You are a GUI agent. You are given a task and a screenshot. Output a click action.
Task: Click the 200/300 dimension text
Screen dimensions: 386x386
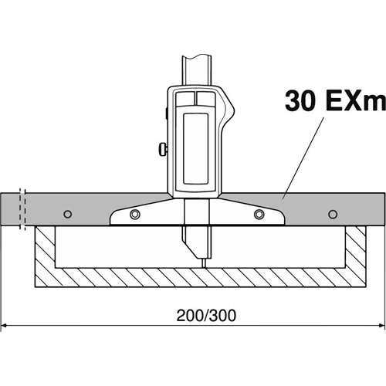pos(206,316)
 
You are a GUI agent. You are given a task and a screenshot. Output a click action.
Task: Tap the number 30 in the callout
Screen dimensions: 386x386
pos(300,100)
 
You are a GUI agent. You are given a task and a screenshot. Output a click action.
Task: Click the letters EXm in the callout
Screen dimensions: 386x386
pos(356,100)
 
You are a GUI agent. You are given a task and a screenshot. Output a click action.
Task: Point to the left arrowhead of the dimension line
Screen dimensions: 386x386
pos(5,326)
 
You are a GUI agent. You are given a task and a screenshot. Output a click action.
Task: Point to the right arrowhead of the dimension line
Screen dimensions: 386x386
pos(381,326)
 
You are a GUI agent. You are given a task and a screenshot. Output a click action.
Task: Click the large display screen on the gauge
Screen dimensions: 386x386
pos(195,149)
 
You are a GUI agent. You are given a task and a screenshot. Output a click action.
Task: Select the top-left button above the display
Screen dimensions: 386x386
pos(185,99)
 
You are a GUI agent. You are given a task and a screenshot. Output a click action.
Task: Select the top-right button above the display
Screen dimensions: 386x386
pos(205,99)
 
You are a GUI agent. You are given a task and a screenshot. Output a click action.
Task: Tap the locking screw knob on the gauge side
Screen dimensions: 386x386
pos(163,149)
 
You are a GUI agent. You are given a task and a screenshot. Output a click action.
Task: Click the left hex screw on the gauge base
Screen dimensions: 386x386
pos(135,214)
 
